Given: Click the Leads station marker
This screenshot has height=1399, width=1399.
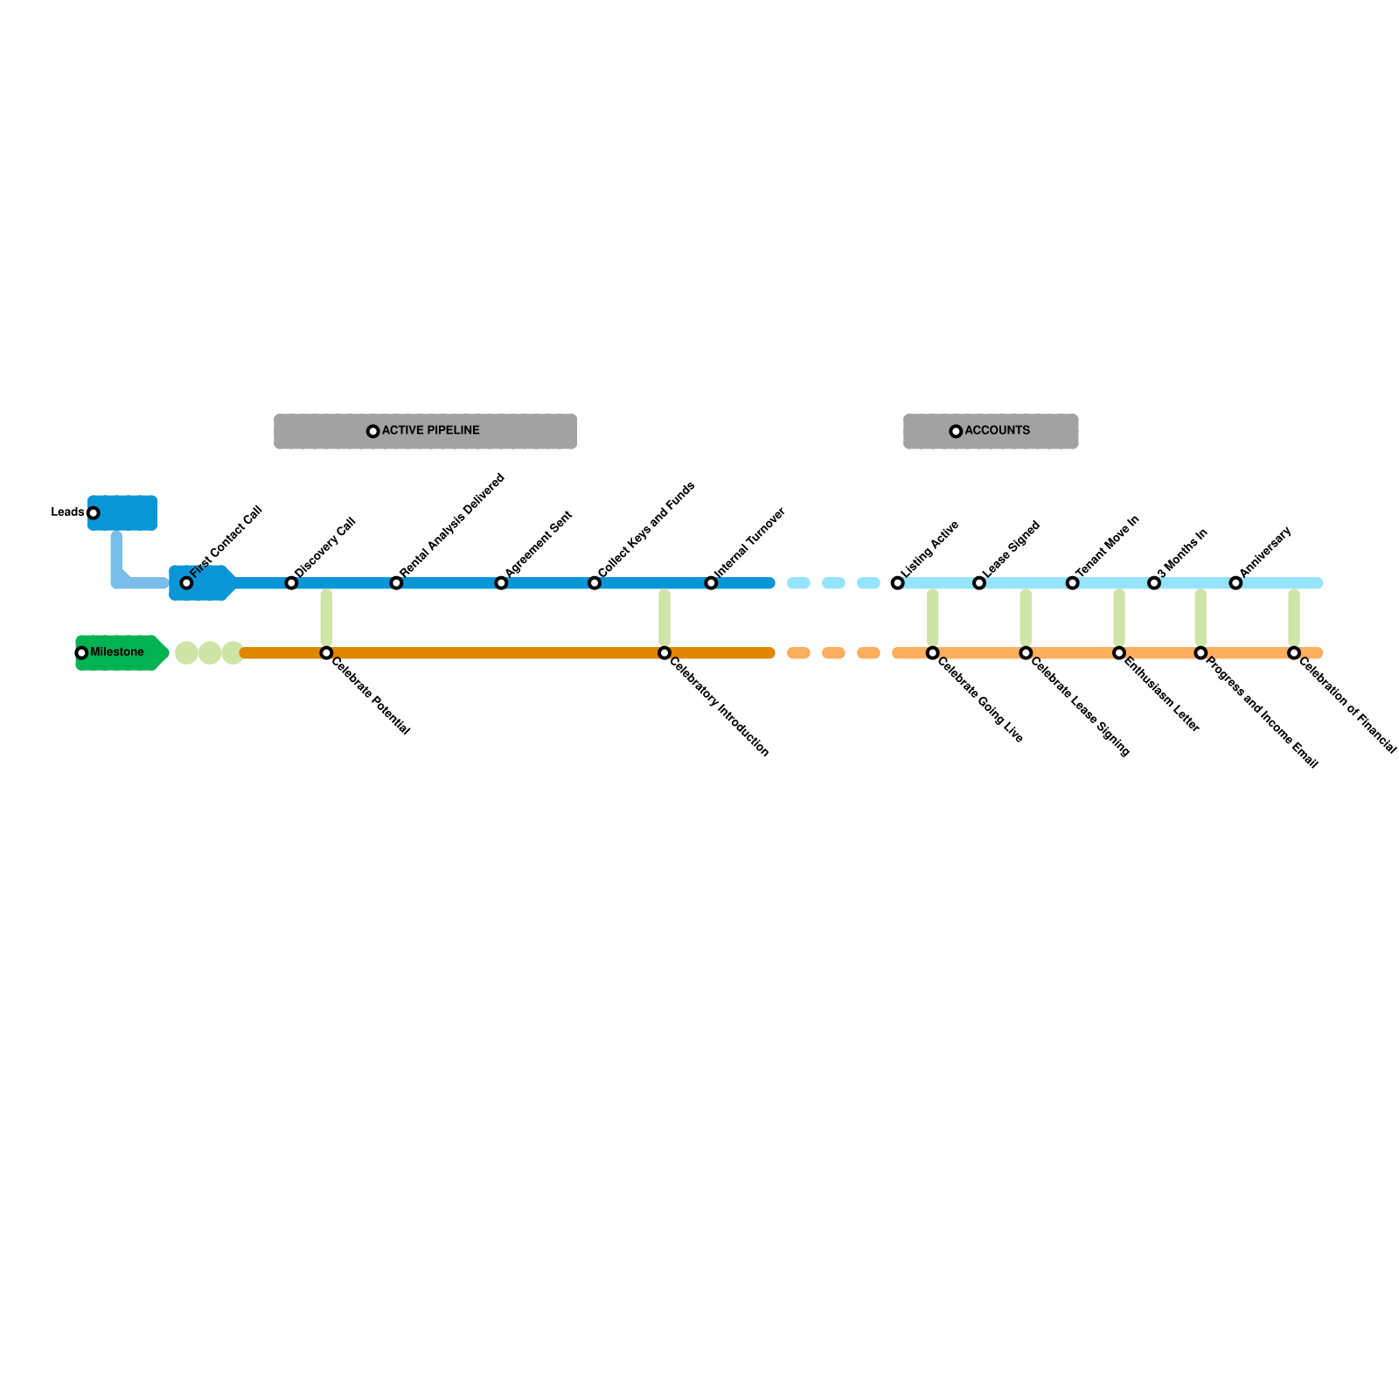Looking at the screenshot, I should point(94,513).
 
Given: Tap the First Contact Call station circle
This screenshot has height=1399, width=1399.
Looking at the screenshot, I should point(186,583).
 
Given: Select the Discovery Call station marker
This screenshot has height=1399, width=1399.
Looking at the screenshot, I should point(291,583).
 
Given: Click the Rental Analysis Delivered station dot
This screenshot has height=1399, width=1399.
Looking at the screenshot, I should point(396,583).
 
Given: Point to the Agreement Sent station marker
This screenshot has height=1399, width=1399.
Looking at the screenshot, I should point(501,583).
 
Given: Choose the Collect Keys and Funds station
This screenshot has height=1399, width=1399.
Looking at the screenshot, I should point(595,583).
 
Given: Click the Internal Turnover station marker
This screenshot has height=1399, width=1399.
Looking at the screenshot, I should point(711,583).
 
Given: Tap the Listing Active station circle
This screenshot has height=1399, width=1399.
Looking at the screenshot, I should point(897,583).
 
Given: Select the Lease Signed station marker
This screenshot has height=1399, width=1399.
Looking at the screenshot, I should point(979,583).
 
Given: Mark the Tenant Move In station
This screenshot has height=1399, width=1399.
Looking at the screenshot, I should point(1072,583).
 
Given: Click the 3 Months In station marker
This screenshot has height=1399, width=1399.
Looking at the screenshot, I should point(1154,583).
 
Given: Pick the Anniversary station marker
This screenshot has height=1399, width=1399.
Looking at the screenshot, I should point(1235,583).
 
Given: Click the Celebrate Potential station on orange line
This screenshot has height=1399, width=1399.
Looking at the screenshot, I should point(326,653).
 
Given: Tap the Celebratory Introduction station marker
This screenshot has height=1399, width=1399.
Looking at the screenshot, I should point(665,653).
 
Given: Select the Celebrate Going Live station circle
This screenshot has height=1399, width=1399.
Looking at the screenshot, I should point(933,653).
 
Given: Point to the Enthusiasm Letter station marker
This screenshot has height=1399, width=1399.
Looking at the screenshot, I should point(1119,653).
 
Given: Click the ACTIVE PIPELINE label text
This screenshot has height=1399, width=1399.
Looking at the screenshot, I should point(430,431).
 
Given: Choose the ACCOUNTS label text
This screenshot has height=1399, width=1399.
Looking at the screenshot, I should point(997,431).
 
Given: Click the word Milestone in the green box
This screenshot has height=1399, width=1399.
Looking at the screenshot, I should point(117,652).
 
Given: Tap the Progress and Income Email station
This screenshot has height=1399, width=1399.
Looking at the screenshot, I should point(1201,653).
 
